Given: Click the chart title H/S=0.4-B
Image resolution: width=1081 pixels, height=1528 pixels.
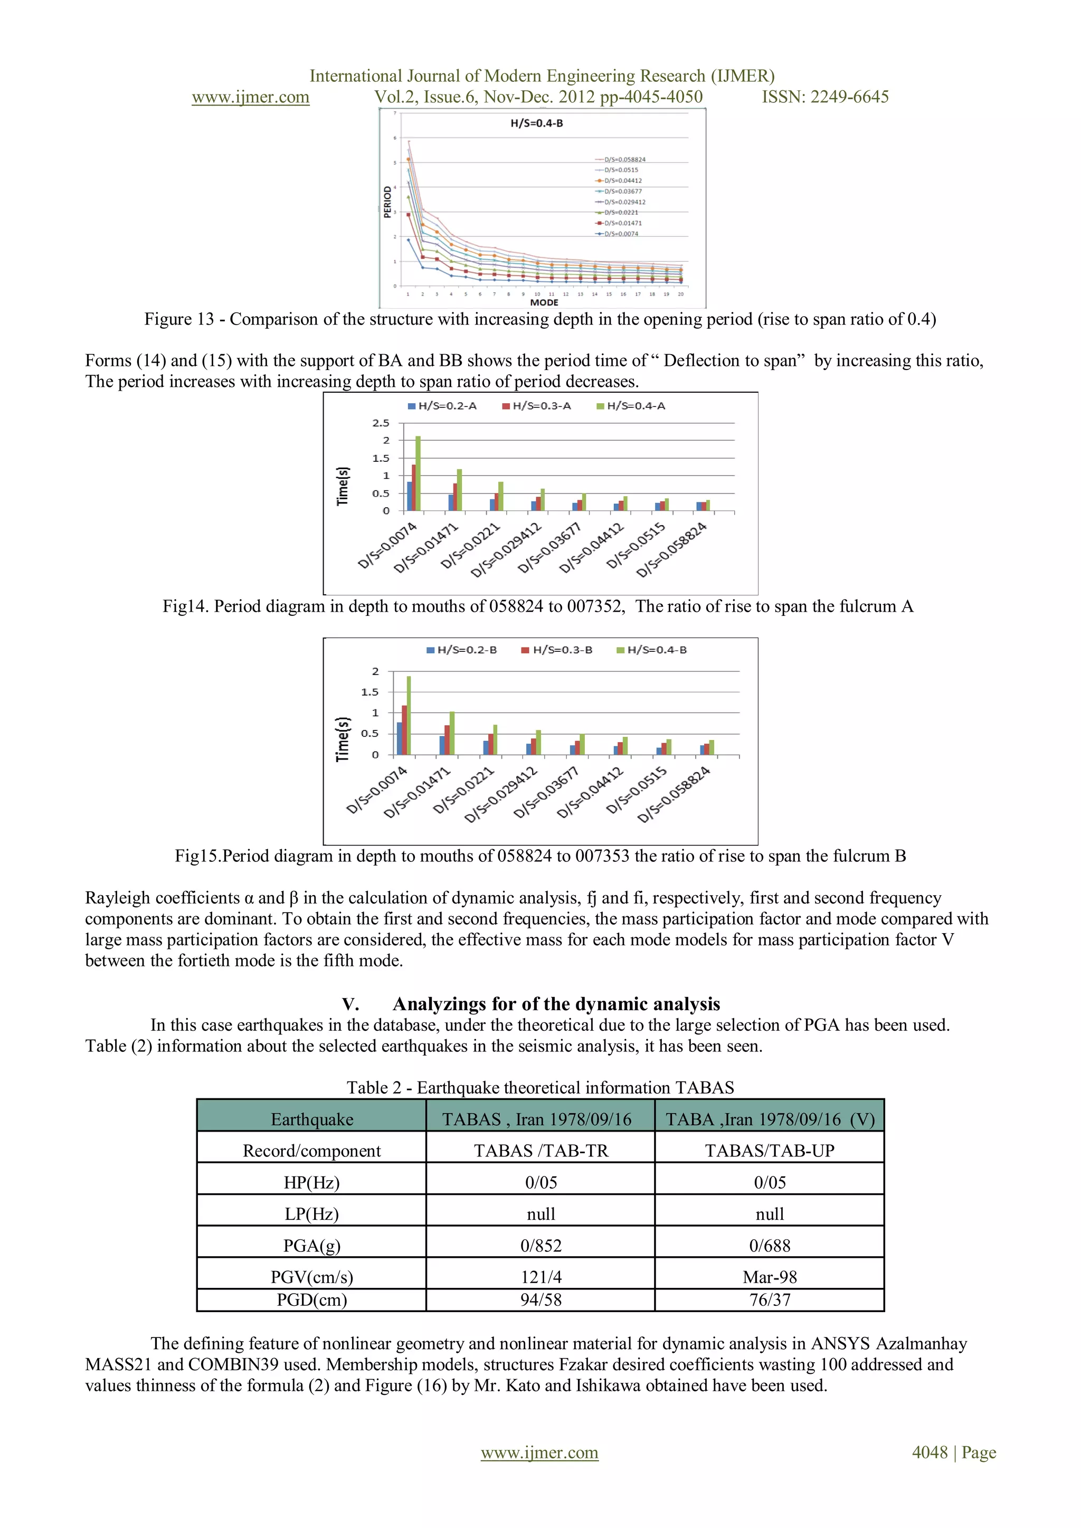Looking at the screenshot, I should tap(536, 123).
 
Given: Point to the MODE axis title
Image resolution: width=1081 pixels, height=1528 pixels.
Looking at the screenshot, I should tap(544, 303).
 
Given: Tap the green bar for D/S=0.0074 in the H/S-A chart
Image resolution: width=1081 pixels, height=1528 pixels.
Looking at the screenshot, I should tap(418, 474).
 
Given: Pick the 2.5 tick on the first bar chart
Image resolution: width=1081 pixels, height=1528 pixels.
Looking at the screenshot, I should tap(381, 423).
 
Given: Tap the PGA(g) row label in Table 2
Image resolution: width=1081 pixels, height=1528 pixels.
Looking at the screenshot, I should tap(311, 1246).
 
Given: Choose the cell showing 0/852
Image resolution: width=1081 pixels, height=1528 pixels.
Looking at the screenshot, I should tap(540, 1246).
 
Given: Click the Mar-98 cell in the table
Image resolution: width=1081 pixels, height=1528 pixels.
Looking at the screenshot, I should tap(770, 1277).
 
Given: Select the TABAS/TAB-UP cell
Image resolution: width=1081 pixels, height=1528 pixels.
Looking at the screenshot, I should tap(770, 1151).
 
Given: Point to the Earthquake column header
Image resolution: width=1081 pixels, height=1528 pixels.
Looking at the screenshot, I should tap(311, 1119).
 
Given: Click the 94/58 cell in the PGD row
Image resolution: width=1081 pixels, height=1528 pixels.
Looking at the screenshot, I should tap(540, 1300).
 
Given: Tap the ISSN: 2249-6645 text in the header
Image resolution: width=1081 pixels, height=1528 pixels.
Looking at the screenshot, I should tap(824, 97).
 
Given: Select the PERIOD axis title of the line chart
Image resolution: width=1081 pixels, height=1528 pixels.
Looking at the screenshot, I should tap(387, 202).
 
